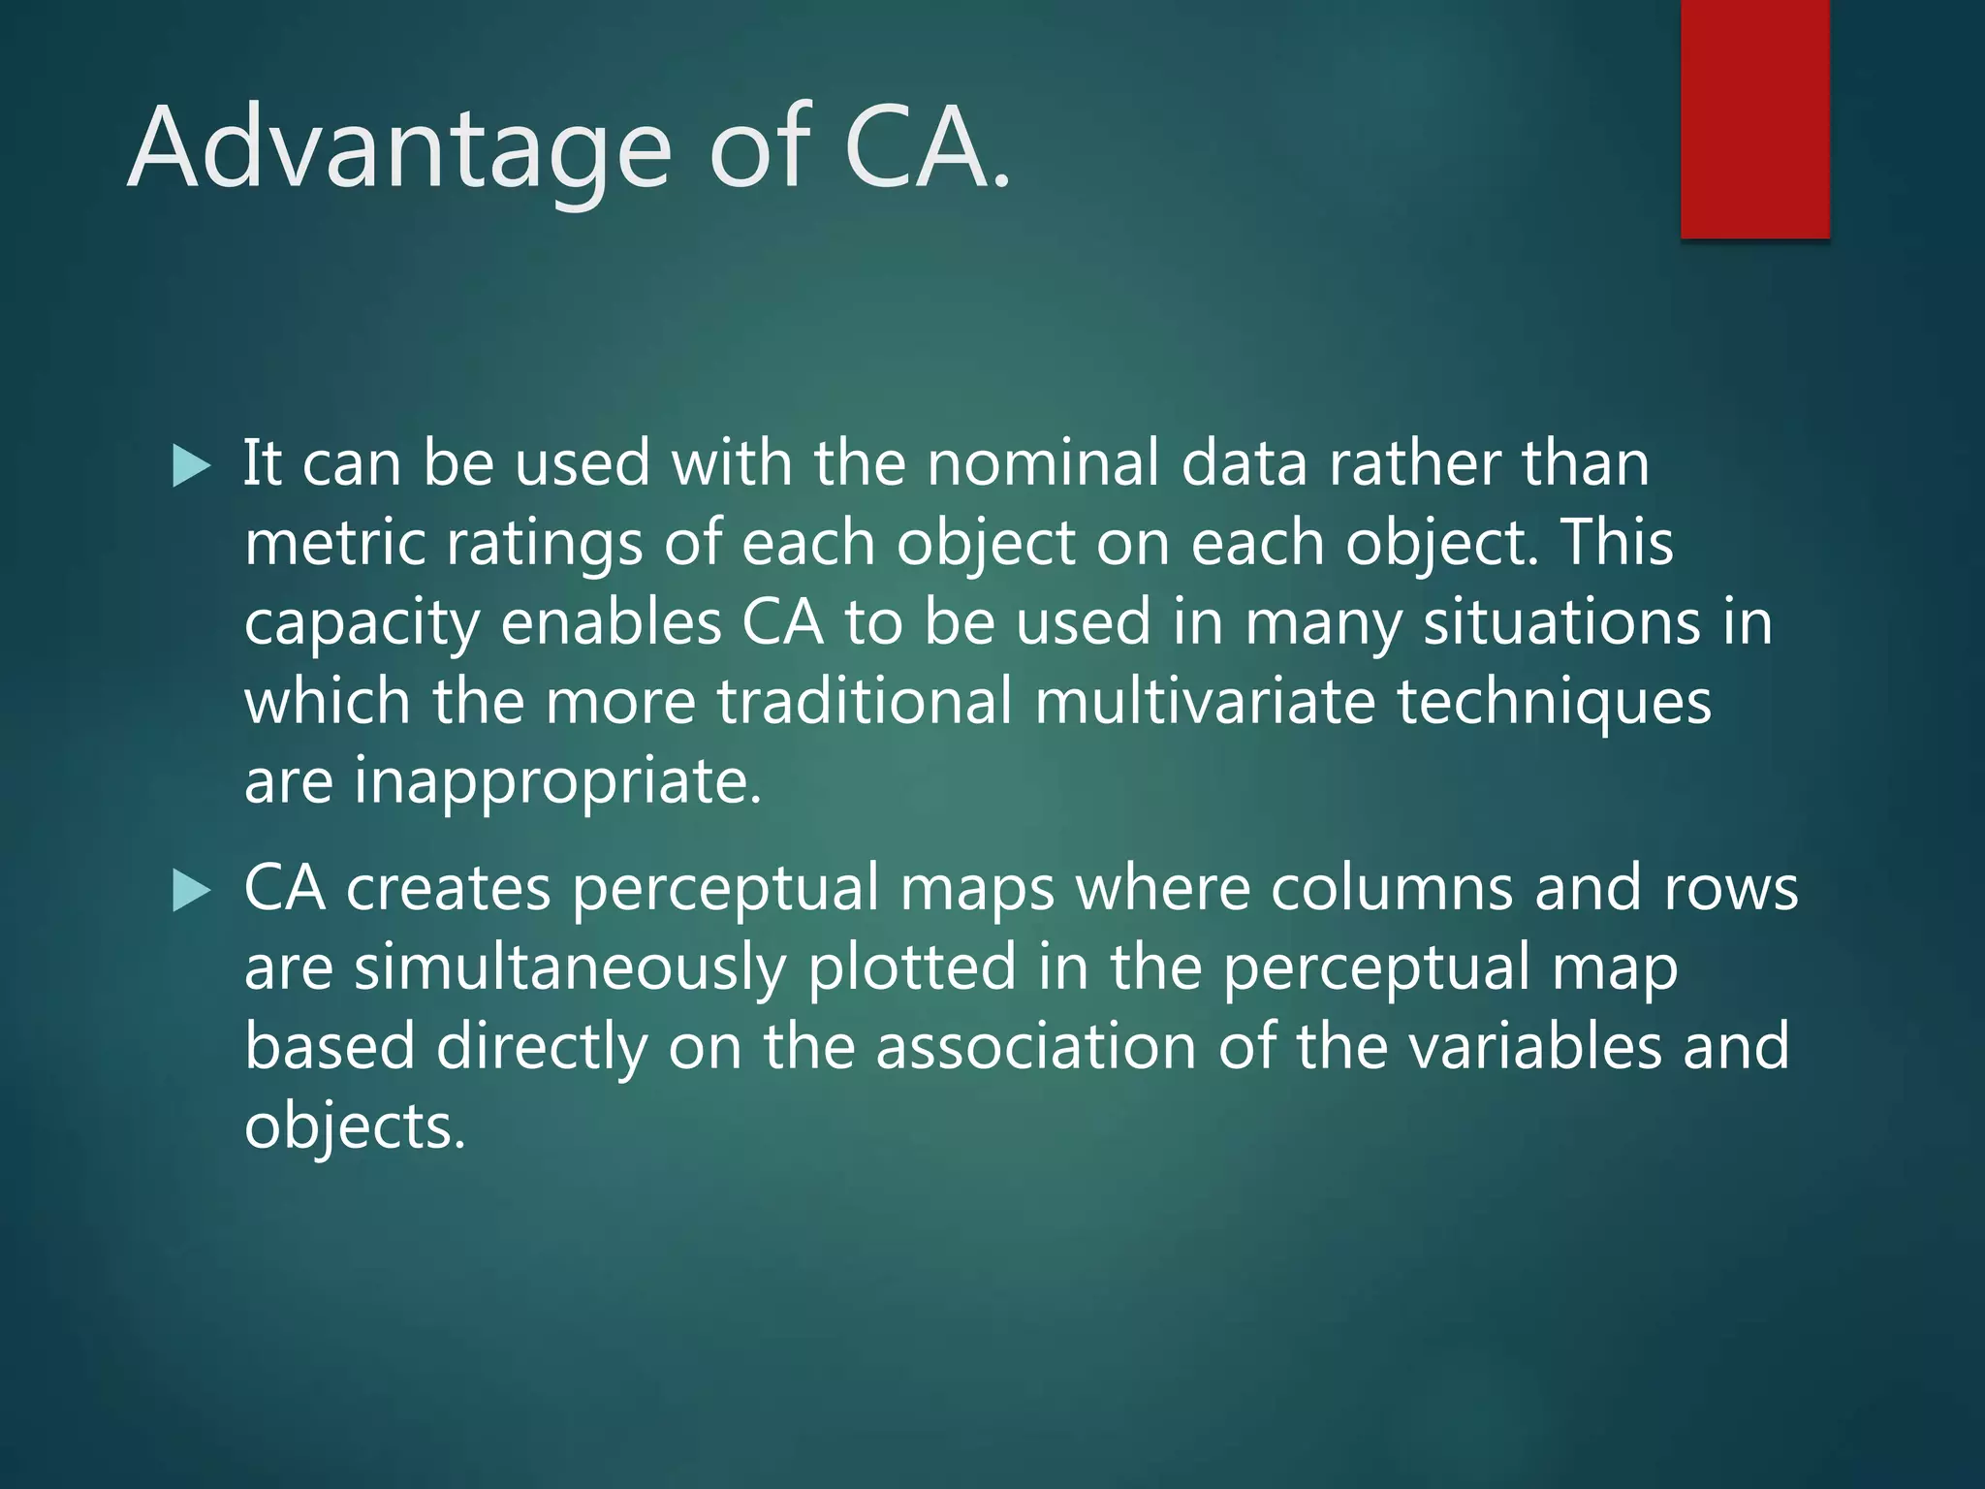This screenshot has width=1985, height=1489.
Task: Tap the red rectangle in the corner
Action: pos(1754,118)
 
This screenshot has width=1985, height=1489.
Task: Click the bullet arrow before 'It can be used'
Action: pos(191,466)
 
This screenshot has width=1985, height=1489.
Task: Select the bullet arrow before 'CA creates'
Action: pos(191,891)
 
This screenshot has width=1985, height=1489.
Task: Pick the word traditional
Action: pos(865,701)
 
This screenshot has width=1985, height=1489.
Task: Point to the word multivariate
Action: pos(1205,701)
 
